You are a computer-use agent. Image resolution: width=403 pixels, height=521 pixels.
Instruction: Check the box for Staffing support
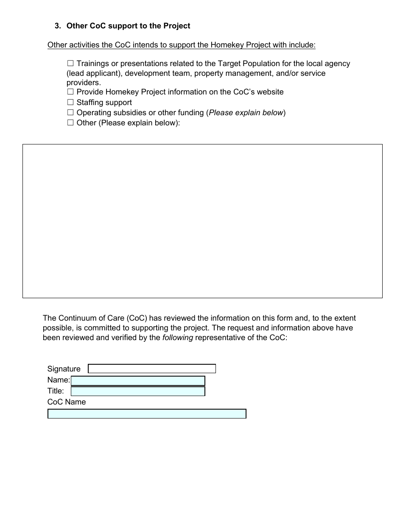tap(70, 102)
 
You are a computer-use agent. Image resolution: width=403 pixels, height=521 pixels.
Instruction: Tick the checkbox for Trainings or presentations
tap(70, 64)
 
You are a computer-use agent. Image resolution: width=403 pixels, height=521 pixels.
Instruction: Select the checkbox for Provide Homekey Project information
tap(70, 92)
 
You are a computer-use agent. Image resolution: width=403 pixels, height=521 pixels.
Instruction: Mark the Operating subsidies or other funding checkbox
tap(70, 113)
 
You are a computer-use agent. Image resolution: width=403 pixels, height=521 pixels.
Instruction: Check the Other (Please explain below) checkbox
tap(70, 123)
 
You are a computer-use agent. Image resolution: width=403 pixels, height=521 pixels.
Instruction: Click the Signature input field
tap(152, 369)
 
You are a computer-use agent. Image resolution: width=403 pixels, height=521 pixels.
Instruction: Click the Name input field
tap(138, 380)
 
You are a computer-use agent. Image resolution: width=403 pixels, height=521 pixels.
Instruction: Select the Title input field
tap(138, 391)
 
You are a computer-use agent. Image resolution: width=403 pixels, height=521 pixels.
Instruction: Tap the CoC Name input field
tap(147, 414)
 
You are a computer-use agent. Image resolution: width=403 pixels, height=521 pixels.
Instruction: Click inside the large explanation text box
tap(202, 221)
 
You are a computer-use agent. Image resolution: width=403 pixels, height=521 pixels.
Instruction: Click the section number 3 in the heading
tap(57, 26)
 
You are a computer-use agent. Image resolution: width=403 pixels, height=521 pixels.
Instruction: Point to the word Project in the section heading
tap(176, 26)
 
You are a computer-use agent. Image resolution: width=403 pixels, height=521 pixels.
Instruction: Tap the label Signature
tap(64, 369)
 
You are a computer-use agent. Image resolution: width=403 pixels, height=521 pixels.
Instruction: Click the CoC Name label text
tap(66, 402)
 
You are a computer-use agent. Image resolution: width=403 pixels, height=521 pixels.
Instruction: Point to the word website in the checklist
tap(269, 92)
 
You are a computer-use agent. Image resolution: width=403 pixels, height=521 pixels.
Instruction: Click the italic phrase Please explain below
tap(246, 113)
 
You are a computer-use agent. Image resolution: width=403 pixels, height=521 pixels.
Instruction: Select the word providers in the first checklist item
tap(83, 83)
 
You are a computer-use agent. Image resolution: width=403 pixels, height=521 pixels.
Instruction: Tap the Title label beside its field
tap(56, 391)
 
